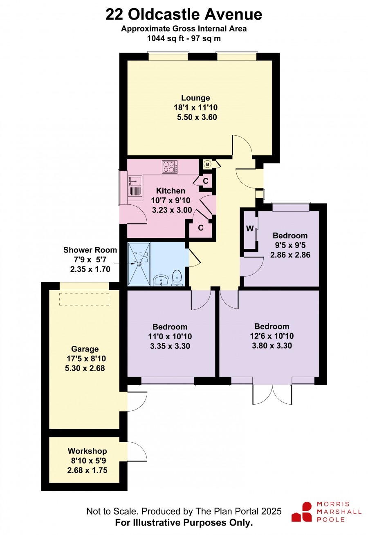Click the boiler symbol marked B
(x=208, y=164)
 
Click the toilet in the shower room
(x=177, y=278)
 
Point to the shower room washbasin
(x=161, y=280)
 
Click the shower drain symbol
(x=139, y=264)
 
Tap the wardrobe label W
(x=250, y=228)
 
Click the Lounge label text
(x=195, y=98)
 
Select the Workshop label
(x=87, y=451)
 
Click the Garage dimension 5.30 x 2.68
(x=85, y=368)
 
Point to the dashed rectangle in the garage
(x=84, y=299)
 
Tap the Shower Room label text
(x=90, y=250)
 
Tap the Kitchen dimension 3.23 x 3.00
(x=172, y=210)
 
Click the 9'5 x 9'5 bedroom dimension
(x=290, y=245)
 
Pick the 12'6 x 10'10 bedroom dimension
(x=272, y=336)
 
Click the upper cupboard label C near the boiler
(x=206, y=181)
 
